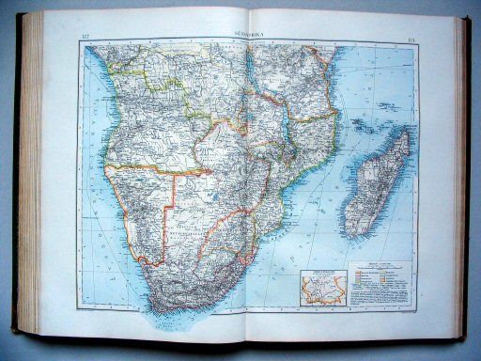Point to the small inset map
[x=319, y=288]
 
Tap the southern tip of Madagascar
[x=354, y=235]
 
